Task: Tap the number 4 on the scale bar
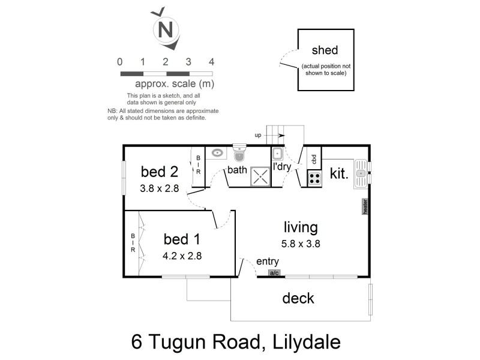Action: coord(211,61)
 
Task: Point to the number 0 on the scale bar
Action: coord(121,61)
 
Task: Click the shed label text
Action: coord(324,50)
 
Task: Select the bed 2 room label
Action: coord(159,172)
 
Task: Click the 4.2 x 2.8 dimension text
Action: coord(182,255)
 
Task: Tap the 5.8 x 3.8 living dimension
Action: coord(301,244)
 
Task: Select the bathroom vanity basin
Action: coord(217,154)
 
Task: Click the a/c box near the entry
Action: coord(275,274)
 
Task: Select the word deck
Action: coord(298,298)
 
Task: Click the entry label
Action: coord(267,262)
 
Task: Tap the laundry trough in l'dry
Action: coord(278,154)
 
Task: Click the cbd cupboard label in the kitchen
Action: coord(314,159)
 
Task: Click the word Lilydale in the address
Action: coord(302,343)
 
